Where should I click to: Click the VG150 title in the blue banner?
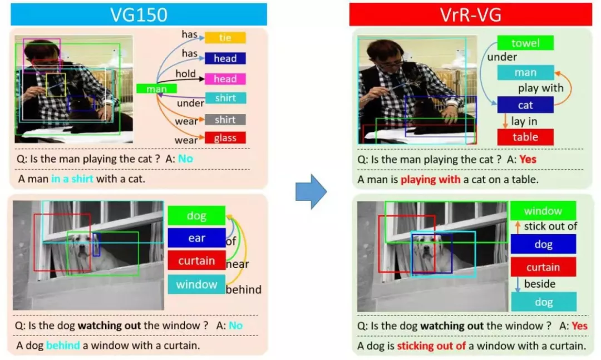[x=139, y=14]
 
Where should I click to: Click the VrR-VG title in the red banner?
[x=470, y=14]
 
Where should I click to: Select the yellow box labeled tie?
[x=225, y=38]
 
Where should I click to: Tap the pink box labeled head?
[x=225, y=79]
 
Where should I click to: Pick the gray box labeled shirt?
[x=225, y=120]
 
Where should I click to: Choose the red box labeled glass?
[x=225, y=138]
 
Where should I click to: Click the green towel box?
[x=525, y=43]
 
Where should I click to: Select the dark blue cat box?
[x=525, y=105]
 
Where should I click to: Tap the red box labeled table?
[x=525, y=137]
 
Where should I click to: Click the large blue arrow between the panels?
[x=311, y=191]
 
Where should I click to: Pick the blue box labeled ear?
[x=196, y=238]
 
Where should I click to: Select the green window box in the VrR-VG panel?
[x=543, y=211]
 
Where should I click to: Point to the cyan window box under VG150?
[x=196, y=284]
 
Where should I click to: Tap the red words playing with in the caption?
[x=430, y=180]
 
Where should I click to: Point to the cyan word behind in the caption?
[x=63, y=346]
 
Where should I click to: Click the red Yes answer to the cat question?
[x=528, y=160]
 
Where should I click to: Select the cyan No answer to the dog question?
[x=235, y=326]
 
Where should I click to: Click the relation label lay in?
[x=524, y=121]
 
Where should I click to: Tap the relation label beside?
[x=540, y=284]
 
